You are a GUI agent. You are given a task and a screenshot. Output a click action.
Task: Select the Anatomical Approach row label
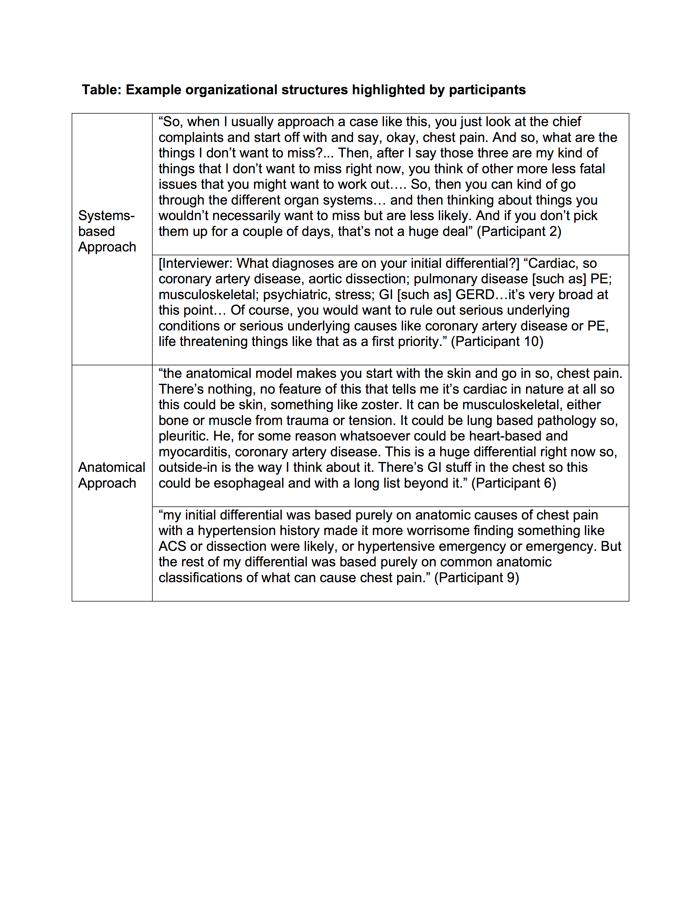pos(111,475)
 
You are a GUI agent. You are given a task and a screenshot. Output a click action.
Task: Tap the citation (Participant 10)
pos(497,341)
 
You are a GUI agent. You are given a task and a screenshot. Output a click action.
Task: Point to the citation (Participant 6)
pos(513,483)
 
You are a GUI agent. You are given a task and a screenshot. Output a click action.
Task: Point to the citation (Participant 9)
pos(476,578)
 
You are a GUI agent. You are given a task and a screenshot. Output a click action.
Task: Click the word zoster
pos(381,405)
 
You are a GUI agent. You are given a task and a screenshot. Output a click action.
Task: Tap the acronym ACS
pos(172,546)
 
